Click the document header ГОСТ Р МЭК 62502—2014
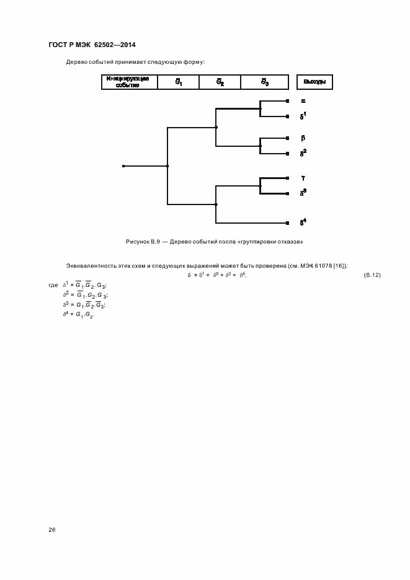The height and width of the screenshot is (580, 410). [x=91, y=45]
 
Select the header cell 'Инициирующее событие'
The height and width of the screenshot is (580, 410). [x=128, y=82]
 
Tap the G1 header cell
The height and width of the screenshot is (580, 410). [x=177, y=82]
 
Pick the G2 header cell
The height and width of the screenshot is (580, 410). [x=220, y=82]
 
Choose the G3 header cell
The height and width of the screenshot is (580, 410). [x=264, y=82]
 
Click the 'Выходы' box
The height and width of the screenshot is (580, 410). [x=314, y=82]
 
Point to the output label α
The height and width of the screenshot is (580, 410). [x=303, y=100]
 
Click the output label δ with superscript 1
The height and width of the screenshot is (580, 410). [x=303, y=115]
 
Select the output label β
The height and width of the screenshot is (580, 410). [x=303, y=138]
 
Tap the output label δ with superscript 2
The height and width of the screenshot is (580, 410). [x=303, y=152]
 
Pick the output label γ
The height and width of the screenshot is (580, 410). [x=303, y=178]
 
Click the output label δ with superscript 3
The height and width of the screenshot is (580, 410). [x=303, y=193]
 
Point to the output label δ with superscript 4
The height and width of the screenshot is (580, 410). [x=303, y=222]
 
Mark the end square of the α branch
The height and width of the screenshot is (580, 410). [x=287, y=100]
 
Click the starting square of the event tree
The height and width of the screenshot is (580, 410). [x=123, y=166]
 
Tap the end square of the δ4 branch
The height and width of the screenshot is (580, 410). [x=287, y=222]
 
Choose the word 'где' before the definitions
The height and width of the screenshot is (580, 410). [x=53, y=285]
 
